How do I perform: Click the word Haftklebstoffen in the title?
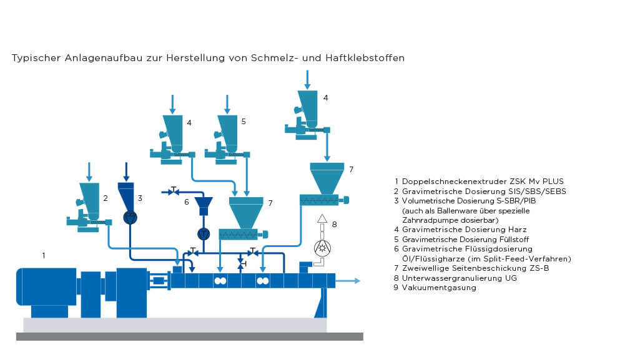[x=365, y=58]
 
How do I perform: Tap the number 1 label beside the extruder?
[x=44, y=256]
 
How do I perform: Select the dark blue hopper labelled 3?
[x=126, y=197]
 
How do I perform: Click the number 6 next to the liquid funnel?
[x=187, y=202]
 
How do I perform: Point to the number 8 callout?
[x=334, y=224]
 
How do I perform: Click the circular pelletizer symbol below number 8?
[x=322, y=248]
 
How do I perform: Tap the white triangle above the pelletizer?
[x=322, y=218]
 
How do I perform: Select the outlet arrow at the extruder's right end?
[x=348, y=281]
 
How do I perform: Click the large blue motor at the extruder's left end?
[x=46, y=286]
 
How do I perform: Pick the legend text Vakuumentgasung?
[x=439, y=288]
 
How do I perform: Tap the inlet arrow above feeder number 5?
[x=227, y=104]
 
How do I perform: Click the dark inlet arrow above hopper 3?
[x=126, y=172]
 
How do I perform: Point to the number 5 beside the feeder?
[x=244, y=122]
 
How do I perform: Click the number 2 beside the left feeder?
[x=106, y=198]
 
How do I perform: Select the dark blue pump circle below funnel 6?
[x=204, y=234]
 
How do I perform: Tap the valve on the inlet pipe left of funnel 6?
[x=174, y=191]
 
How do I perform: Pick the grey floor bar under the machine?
[x=190, y=336]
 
